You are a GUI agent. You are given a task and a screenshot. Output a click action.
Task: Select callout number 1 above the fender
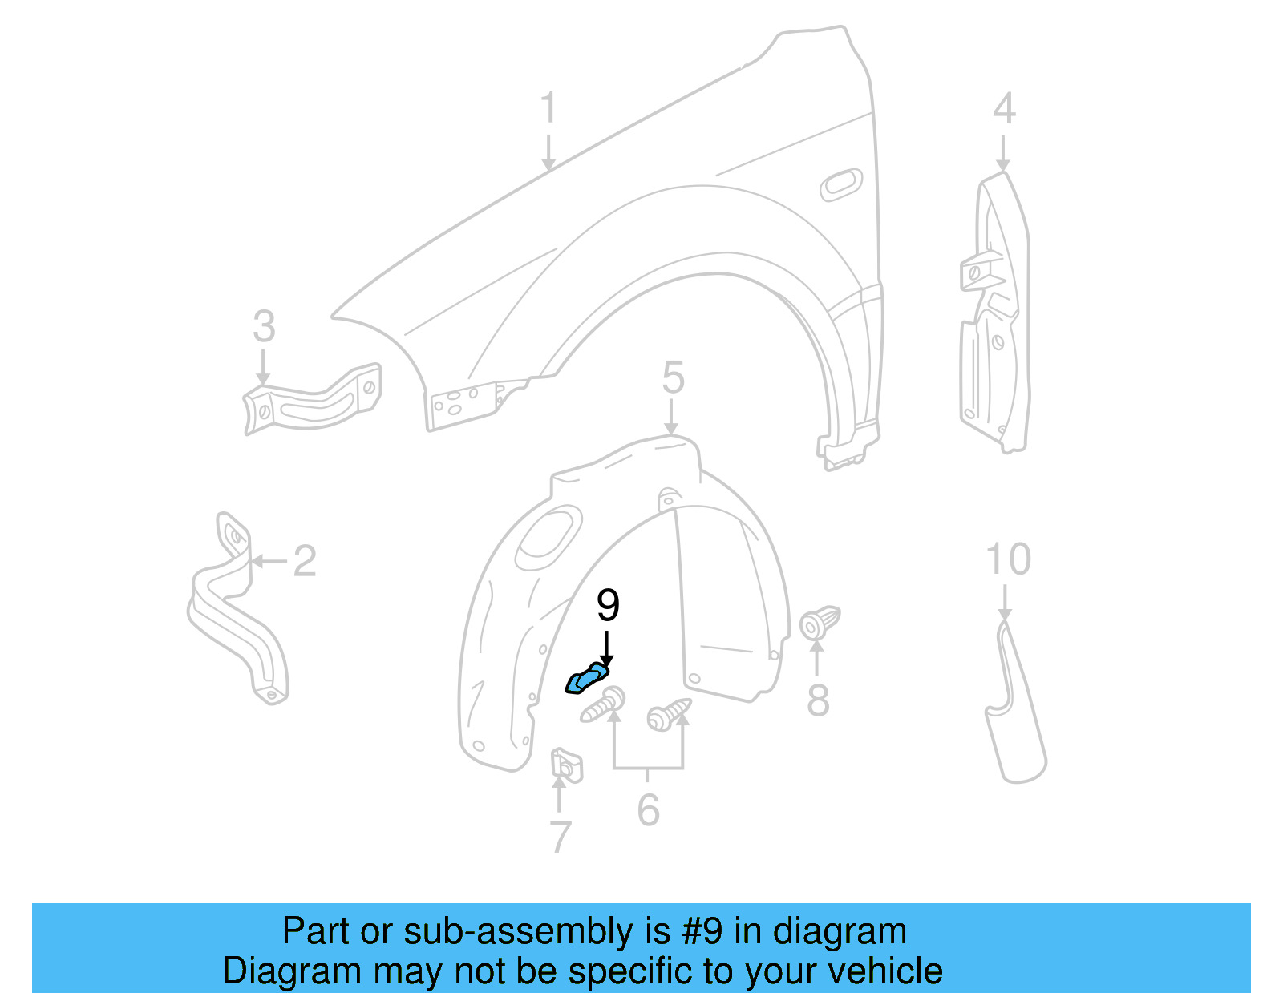(x=548, y=107)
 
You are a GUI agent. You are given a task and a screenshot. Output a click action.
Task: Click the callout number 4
(x=1004, y=108)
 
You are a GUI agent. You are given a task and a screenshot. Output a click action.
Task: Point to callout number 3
(x=264, y=327)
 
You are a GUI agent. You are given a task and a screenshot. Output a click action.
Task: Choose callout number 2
(x=304, y=561)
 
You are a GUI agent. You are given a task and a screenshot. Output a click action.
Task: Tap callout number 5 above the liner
(x=673, y=377)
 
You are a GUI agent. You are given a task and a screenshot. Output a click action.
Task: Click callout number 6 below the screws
(x=648, y=809)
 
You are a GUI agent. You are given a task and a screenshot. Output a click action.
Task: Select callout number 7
(x=561, y=837)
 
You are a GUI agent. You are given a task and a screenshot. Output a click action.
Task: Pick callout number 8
(x=817, y=700)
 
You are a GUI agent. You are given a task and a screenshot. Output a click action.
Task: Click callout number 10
(x=1007, y=559)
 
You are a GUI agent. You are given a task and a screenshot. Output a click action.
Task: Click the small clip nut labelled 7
(x=566, y=765)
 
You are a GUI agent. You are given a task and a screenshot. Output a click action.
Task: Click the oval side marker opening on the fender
(x=841, y=185)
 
